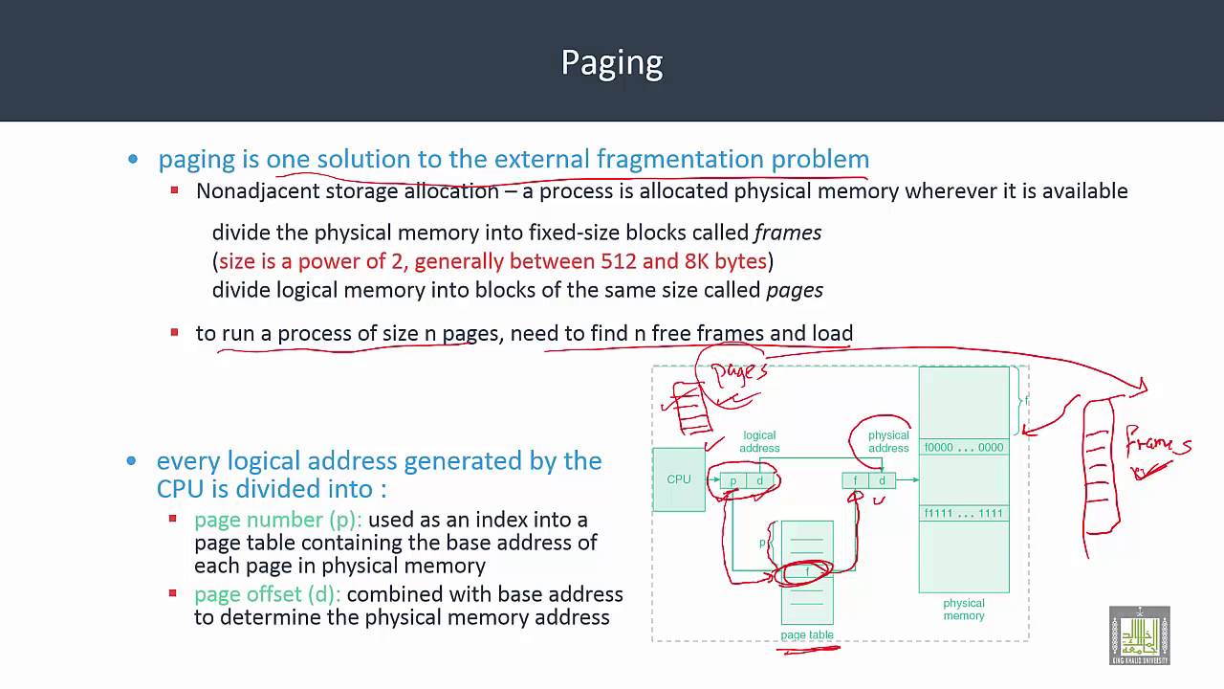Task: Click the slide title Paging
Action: pyautogui.click(x=612, y=62)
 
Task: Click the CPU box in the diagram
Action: pyautogui.click(x=679, y=479)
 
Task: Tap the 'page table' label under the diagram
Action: pyautogui.click(x=807, y=635)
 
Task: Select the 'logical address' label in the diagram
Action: pyautogui.click(x=759, y=441)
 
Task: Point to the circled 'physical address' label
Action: pyautogui.click(x=887, y=441)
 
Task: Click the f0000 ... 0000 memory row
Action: pyautogui.click(x=963, y=448)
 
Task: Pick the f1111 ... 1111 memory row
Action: pyautogui.click(x=963, y=514)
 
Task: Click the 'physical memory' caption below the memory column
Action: pyautogui.click(x=963, y=610)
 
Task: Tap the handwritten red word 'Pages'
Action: pyautogui.click(x=739, y=371)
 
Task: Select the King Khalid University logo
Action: pyautogui.click(x=1139, y=635)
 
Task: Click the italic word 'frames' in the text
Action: pyautogui.click(x=788, y=233)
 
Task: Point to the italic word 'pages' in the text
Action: pyautogui.click(x=794, y=290)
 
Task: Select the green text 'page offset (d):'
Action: pyautogui.click(x=268, y=594)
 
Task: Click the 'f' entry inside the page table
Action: pyautogui.click(x=807, y=572)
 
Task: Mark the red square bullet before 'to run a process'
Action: pyautogui.click(x=174, y=332)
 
